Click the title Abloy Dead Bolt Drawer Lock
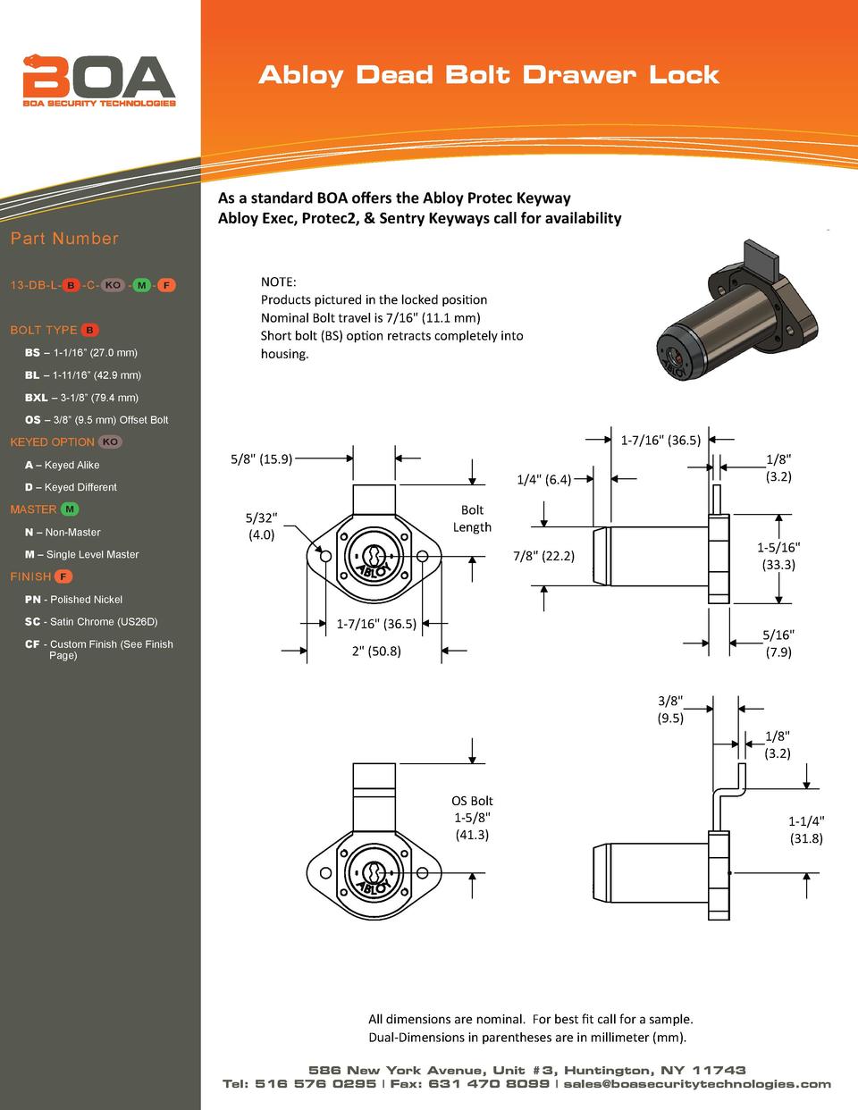pyautogui.click(x=488, y=74)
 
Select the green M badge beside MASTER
pyautogui.click(x=71, y=509)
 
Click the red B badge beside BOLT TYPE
pyautogui.click(x=90, y=331)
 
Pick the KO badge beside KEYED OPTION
pyautogui.click(x=110, y=442)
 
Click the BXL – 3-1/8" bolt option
pyautogui.click(x=81, y=398)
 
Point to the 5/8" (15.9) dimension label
pyautogui.click(x=260, y=459)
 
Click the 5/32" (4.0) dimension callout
pyautogui.click(x=261, y=526)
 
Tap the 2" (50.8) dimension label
pyautogui.click(x=375, y=651)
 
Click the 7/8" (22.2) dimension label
pyautogui.click(x=543, y=556)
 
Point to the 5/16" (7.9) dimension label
pyautogui.click(x=778, y=643)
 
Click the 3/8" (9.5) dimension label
pyautogui.click(x=671, y=709)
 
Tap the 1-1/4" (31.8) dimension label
pyautogui.click(x=806, y=829)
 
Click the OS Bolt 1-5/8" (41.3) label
pyautogui.click(x=472, y=818)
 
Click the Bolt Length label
pyautogui.click(x=472, y=518)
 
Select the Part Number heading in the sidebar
pyautogui.click(x=64, y=239)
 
